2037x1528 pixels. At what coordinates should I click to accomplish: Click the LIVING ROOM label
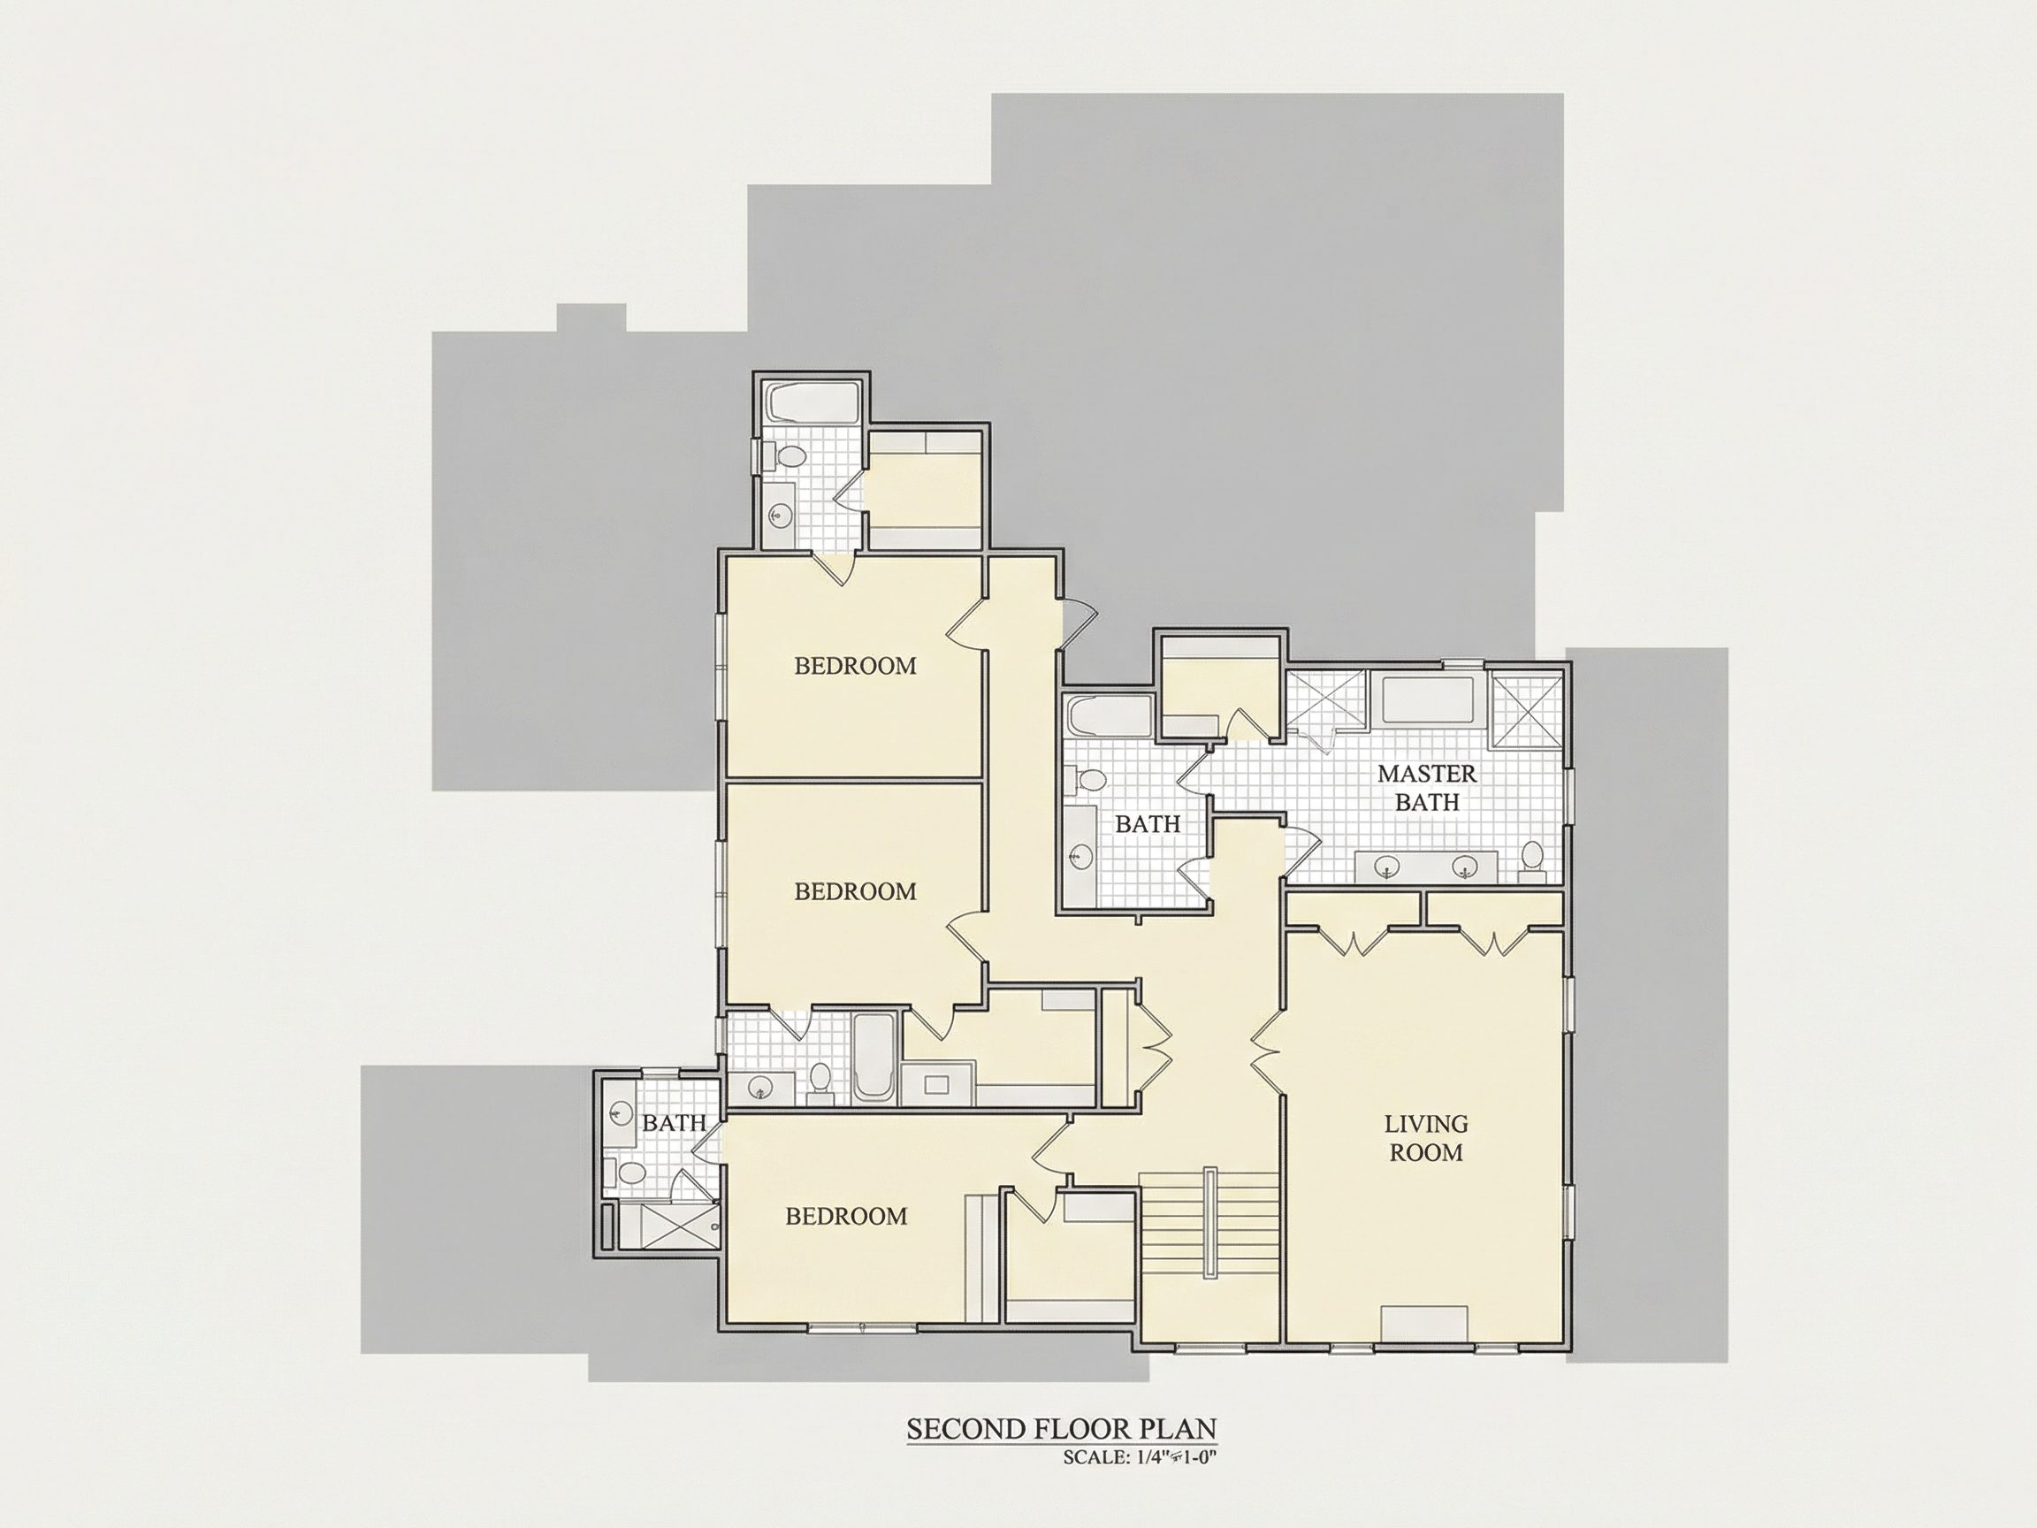(x=1425, y=1137)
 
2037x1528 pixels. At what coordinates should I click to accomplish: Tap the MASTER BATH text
(x=1426, y=788)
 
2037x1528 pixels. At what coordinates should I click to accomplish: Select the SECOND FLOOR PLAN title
(x=1062, y=1429)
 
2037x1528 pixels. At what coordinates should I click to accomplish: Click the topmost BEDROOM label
(x=856, y=666)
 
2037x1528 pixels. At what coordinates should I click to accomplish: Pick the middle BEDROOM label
(x=856, y=891)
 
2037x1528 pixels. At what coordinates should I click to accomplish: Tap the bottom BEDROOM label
(x=846, y=1217)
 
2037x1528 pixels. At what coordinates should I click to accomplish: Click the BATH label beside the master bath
(x=1148, y=824)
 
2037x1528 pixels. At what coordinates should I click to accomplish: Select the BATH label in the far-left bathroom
(x=674, y=1123)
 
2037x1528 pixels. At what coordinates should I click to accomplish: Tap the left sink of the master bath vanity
(x=1388, y=867)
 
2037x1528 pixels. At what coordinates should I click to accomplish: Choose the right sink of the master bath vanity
(x=1465, y=867)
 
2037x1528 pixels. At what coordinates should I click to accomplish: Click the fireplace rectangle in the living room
(x=1424, y=1324)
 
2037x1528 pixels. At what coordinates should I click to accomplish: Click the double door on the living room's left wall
(x=1269, y=1049)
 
